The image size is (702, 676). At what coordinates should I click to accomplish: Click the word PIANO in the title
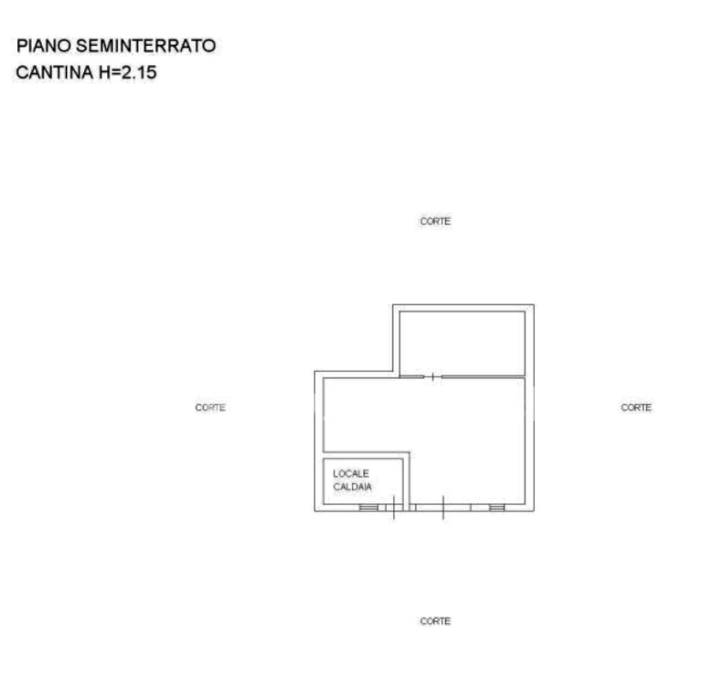pos(44,46)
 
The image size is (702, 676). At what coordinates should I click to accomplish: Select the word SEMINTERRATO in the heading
pos(146,46)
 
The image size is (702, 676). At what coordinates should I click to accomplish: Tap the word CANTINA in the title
pos(55,72)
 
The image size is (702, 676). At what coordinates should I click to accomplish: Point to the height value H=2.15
pos(128,72)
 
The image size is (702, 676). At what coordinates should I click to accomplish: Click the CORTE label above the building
pos(435,221)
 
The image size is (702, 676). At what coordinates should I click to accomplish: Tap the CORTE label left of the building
pos(210,407)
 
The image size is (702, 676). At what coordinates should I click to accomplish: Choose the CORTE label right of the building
pos(636,407)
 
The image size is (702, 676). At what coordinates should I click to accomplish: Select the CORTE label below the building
pos(435,621)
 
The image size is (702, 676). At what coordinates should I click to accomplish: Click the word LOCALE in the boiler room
pos(351,473)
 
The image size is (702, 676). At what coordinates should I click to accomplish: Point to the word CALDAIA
pos(352,487)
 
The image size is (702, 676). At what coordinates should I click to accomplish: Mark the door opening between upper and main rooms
pos(433,376)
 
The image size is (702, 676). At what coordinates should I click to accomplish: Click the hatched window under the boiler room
pos(368,507)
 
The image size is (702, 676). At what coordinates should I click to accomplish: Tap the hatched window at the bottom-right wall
pos(497,507)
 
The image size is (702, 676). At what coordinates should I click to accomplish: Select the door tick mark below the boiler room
pos(394,507)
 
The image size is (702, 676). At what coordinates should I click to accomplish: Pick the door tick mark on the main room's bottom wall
pos(443,507)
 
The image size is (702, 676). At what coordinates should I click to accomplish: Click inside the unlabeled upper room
pos(462,343)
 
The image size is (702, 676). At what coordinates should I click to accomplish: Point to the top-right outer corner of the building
pos(534,305)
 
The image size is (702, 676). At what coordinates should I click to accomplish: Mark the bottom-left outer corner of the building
pos(314,511)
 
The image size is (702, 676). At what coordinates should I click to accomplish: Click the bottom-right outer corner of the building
pos(534,511)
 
